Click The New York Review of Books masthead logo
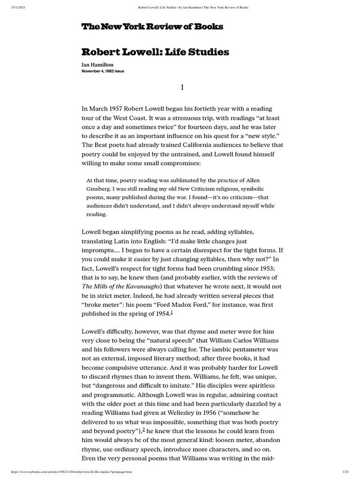pos(152,27)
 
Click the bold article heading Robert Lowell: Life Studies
pos(155,52)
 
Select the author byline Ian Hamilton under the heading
pos(97,65)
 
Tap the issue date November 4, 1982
pos(103,71)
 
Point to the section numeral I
pos(182,88)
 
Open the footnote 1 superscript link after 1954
pos(172,313)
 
